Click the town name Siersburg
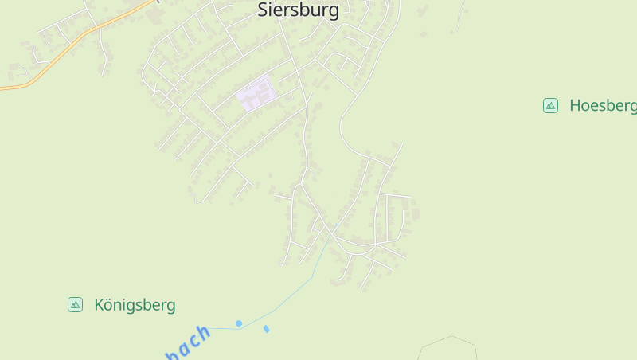click(x=298, y=10)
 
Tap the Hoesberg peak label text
click(x=603, y=105)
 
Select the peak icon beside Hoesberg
click(x=550, y=105)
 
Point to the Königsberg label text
click(x=135, y=305)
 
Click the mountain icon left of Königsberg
click(x=75, y=304)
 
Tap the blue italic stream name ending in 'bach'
click(x=188, y=342)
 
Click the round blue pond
click(x=238, y=323)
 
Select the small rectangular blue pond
click(x=266, y=329)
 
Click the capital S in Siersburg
click(x=263, y=10)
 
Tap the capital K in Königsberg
click(x=100, y=305)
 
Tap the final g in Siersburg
click(x=333, y=11)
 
